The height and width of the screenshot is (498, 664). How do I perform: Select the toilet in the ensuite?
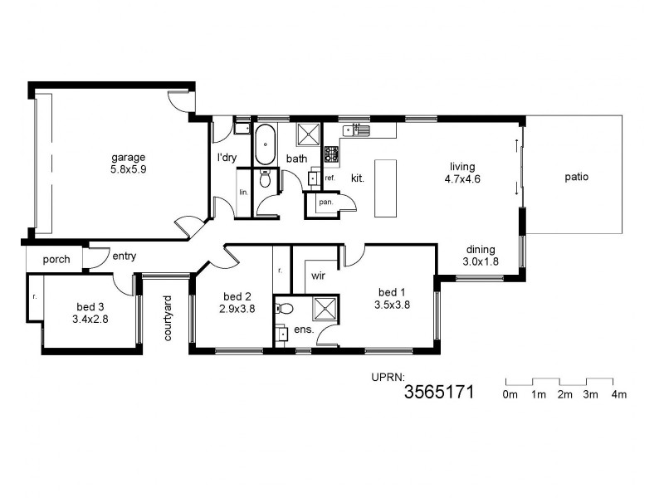coord(286,308)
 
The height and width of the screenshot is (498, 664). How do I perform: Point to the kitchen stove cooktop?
coord(330,154)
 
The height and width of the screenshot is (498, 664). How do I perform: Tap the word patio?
coord(577,177)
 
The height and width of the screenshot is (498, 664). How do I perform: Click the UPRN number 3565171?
coord(438,393)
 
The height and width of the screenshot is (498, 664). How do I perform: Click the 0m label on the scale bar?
coord(510,394)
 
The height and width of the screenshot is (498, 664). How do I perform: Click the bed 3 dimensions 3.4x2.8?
coord(90,318)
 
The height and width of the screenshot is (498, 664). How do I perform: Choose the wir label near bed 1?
coord(317,275)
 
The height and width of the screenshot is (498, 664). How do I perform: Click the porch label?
coord(56,259)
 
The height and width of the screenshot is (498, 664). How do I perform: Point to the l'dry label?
coord(228,158)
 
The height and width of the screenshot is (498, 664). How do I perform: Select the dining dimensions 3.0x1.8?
coord(481,261)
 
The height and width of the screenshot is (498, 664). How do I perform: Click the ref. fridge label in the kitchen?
coord(330,178)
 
